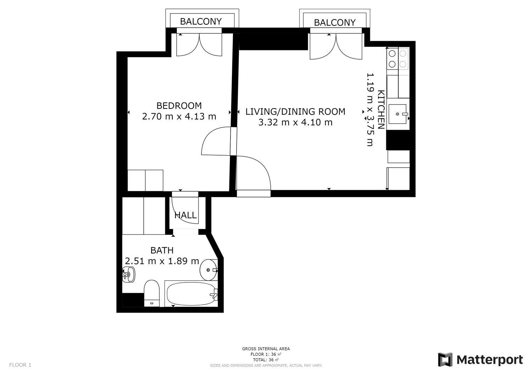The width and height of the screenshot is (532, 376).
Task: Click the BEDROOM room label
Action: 179,106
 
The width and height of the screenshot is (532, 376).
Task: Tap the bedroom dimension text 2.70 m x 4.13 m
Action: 179,117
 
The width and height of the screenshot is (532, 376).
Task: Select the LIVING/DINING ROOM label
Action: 295,112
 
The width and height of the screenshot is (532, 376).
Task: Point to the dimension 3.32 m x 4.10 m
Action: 295,123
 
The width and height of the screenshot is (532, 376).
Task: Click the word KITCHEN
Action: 381,110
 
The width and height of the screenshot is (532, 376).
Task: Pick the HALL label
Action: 185,215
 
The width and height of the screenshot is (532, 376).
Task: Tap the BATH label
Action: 162,251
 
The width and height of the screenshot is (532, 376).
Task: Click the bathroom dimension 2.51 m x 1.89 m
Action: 162,261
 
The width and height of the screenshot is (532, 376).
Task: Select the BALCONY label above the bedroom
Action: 201,22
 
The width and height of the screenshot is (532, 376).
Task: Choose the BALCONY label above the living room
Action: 335,23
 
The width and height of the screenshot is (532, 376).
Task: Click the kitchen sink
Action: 398,114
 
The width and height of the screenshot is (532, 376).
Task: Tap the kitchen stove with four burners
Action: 398,59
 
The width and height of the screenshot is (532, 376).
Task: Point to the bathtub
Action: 192,294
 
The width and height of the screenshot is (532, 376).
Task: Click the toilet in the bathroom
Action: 151,293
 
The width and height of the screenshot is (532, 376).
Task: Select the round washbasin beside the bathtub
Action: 209,270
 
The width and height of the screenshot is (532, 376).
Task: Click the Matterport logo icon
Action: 445,360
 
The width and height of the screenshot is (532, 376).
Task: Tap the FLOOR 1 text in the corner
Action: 20,365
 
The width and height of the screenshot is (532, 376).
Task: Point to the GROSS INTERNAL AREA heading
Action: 266,349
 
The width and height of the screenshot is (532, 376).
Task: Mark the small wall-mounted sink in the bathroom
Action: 128,274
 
